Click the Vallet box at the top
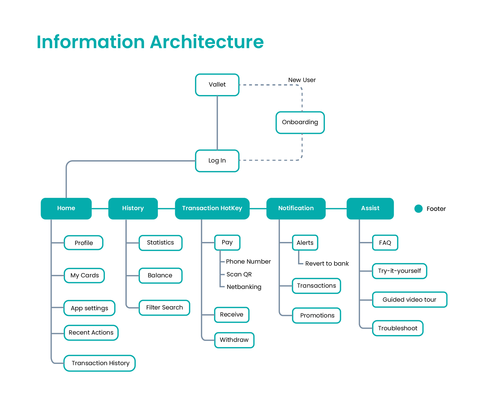(217, 85)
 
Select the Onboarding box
(300, 122)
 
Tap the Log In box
(217, 161)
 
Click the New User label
(302, 80)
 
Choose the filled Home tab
(66, 209)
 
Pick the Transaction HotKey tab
(212, 209)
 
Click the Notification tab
(296, 209)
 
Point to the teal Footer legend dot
(418, 209)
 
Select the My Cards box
(84, 276)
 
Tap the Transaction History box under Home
(100, 363)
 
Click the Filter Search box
(164, 308)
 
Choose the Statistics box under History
(160, 243)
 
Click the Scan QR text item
(239, 274)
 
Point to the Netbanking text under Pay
(244, 287)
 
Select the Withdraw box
(234, 340)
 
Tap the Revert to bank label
(327, 263)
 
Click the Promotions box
(317, 315)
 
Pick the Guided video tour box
(410, 300)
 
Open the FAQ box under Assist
(385, 243)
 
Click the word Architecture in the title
(207, 42)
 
